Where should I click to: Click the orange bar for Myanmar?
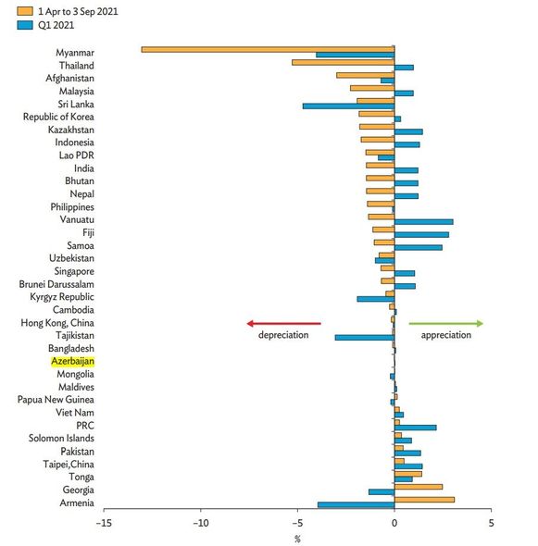coord(268,49)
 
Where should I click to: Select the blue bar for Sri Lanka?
coord(348,106)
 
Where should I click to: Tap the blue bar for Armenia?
coord(356,505)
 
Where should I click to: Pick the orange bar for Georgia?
coord(419,487)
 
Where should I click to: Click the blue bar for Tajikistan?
coord(365,338)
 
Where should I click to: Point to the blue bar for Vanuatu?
coord(424,222)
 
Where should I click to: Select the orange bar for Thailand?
coord(344,62)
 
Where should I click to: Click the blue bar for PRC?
coord(416,428)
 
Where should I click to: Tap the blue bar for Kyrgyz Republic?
coord(376,299)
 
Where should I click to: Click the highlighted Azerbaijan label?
coord(72,362)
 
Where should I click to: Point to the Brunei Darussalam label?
coord(56,284)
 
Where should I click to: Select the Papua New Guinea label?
coord(56,400)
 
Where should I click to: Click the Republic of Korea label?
coord(58,117)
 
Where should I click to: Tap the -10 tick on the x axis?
coord(201,523)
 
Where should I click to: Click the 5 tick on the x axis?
coord(491,523)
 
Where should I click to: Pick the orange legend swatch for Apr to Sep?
coord(25,11)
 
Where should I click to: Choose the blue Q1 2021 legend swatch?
coord(25,25)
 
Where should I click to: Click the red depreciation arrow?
coord(283,324)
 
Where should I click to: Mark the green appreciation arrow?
coord(446,324)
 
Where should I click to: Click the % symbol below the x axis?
coord(297,540)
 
